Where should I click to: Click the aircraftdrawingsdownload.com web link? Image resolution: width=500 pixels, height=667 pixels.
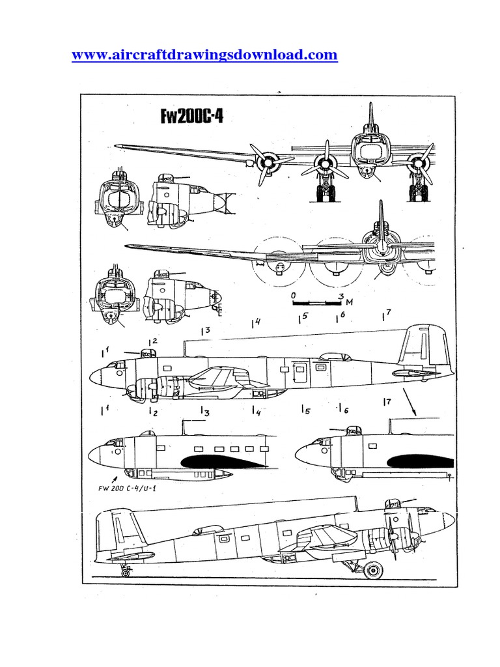pyautogui.click(x=204, y=55)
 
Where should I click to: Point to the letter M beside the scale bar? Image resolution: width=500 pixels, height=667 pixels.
pyautogui.click(x=350, y=302)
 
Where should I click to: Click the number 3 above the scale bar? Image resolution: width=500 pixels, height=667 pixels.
pyautogui.click(x=341, y=295)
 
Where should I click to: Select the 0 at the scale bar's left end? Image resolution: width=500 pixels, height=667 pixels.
pyautogui.click(x=294, y=295)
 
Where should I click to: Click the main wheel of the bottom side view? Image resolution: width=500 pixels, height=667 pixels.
pyautogui.click(x=372, y=570)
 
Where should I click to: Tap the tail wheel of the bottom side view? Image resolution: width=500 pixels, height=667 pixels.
pyautogui.click(x=126, y=572)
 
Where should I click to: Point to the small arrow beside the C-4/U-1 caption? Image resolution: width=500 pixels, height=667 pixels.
pyautogui.click(x=125, y=479)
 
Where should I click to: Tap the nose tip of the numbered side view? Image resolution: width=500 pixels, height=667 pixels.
pyautogui.click(x=92, y=376)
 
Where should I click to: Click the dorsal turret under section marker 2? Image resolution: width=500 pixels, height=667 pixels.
pyautogui.click(x=149, y=354)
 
